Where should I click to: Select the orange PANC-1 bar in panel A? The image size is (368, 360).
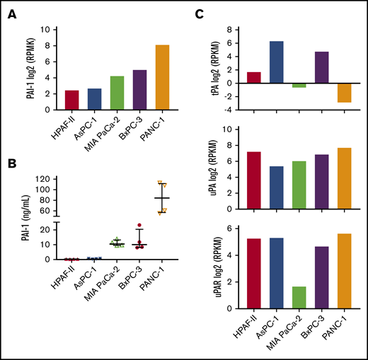[162, 77]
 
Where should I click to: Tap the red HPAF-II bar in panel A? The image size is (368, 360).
[71, 100]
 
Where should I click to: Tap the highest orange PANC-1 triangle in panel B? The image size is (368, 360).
[161, 182]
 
